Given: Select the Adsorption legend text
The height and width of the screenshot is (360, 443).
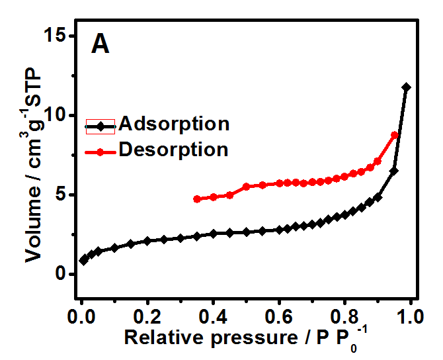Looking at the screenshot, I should coord(174,124).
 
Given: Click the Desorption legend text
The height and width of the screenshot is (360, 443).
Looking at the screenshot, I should coord(174,150).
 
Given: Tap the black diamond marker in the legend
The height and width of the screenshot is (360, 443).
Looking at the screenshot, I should coord(101,125).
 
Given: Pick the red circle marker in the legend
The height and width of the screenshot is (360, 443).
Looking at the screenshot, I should coord(101,152).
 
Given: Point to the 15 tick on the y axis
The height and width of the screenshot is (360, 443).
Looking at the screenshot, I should coord(60,36).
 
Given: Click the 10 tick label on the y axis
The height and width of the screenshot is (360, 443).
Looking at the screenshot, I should coord(60,115).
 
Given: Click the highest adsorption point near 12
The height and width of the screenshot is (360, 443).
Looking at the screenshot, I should coord(406,87).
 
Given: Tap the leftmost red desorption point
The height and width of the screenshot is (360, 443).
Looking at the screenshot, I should coord(196,199).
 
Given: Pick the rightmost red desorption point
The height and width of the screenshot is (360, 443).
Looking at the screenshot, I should coord(395,135).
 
